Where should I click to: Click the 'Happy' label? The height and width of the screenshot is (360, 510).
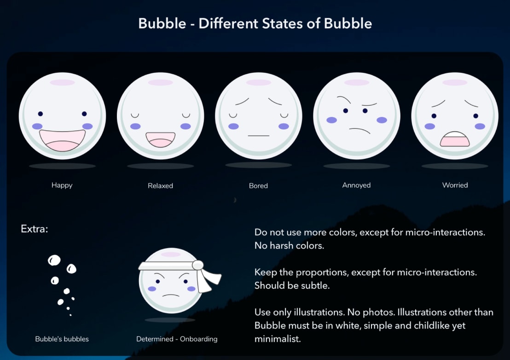coord(62,185)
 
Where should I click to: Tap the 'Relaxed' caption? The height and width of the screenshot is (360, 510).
coord(160,186)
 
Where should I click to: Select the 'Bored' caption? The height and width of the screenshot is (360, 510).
coord(258,186)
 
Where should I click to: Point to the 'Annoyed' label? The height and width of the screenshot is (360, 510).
coord(356,185)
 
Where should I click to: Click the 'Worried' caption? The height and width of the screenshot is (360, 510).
coord(455,185)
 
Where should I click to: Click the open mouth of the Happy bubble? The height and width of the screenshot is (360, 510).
coord(62,139)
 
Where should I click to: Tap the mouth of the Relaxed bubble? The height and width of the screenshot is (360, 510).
coord(160,139)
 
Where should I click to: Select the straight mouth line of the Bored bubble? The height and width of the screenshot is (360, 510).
coord(258,136)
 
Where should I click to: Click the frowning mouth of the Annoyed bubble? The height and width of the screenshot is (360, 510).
coord(359,130)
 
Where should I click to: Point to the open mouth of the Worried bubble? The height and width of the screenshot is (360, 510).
coord(454,139)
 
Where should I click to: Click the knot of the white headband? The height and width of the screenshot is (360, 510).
coord(198,265)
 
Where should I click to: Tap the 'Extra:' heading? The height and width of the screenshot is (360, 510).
coord(35,228)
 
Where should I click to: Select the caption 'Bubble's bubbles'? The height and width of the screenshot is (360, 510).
coord(62,339)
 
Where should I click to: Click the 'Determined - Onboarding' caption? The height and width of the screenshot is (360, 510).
coord(177,339)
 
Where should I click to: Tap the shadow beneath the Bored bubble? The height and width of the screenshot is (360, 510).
coord(258,165)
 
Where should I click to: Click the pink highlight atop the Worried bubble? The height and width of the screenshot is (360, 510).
coord(455,82)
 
